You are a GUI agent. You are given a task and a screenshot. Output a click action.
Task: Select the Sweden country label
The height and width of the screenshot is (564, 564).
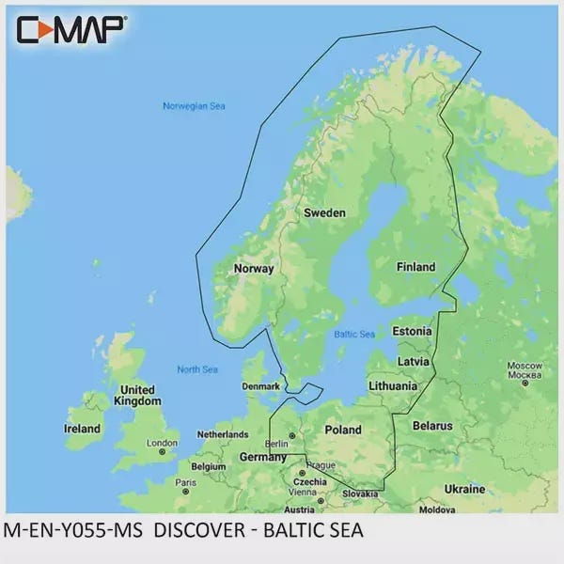[x=324, y=213]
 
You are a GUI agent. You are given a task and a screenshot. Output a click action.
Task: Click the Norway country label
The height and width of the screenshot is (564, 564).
[x=253, y=268]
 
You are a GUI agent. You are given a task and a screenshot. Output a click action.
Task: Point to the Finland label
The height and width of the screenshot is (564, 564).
[x=415, y=267]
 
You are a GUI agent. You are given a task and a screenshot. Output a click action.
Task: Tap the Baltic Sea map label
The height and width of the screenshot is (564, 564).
[x=354, y=335]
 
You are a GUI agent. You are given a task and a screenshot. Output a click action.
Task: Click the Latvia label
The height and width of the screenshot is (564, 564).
[x=414, y=361]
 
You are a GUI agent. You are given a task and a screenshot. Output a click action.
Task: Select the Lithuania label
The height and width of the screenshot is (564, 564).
[x=393, y=385]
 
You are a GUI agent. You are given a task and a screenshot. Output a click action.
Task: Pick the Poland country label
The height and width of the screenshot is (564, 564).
[x=342, y=430]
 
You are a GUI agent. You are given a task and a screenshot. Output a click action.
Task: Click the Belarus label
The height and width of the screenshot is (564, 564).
[x=432, y=426]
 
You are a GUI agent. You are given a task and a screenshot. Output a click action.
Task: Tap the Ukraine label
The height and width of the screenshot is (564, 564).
[x=464, y=490]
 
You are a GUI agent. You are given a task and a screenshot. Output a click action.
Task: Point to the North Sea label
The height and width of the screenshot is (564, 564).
[x=197, y=369]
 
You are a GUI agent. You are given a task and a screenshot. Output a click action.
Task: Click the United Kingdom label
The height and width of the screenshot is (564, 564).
[x=137, y=396]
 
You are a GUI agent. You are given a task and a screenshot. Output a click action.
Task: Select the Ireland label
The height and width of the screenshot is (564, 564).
[x=82, y=429]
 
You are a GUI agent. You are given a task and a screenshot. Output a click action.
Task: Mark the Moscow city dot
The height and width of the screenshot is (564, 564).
[x=525, y=383]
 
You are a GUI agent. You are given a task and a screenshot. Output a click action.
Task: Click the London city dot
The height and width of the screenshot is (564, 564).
[x=163, y=452]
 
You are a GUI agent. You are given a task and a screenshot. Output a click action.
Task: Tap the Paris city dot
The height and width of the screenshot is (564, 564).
[x=186, y=491]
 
